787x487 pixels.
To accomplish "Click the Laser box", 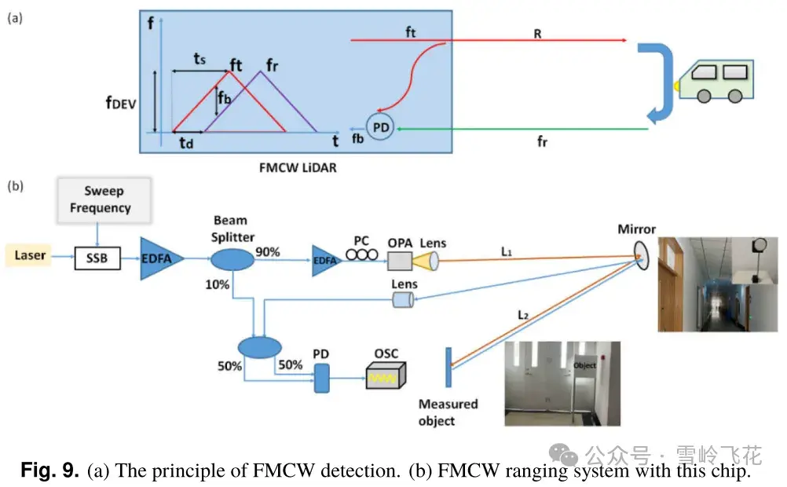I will click(30, 255).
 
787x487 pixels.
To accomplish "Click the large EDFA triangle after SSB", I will click(159, 257).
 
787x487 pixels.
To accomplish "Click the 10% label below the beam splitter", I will click(218, 284).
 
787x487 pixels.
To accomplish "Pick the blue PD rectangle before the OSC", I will click(321, 377).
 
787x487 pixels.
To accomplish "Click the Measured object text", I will click(448, 412).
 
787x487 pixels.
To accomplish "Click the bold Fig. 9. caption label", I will click(49, 471).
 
